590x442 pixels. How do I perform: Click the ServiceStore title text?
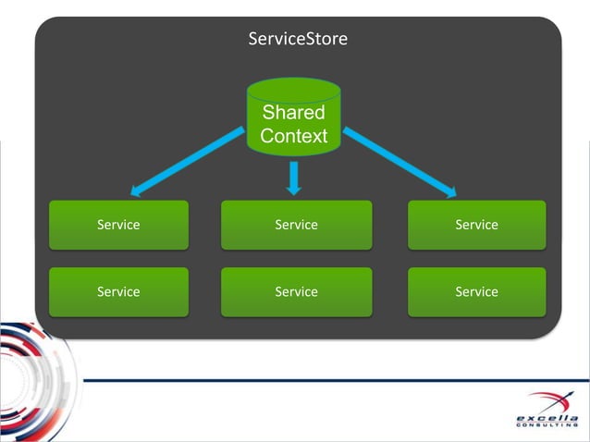coord(298,39)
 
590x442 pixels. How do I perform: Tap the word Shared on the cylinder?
coord(294,113)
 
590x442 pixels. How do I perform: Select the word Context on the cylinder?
coord(294,136)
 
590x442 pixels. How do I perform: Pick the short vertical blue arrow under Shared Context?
coord(294,177)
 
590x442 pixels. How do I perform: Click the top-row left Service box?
coord(118,225)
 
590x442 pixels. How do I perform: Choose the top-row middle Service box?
coord(296,225)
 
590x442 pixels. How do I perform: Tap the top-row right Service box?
coord(476,225)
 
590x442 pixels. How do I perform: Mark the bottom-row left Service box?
coord(118,291)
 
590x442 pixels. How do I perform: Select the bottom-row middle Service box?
coord(296,291)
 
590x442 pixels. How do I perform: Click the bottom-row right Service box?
coord(476,291)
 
